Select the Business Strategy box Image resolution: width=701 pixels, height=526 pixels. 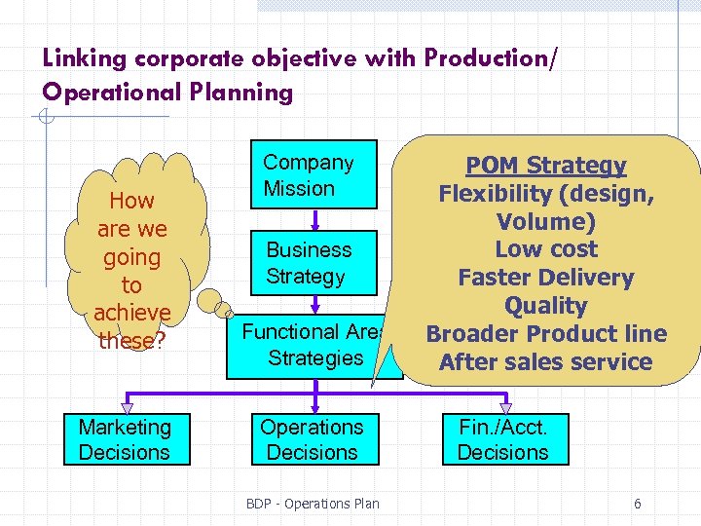(x=308, y=263)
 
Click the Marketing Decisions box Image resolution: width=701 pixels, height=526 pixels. (x=124, y=440)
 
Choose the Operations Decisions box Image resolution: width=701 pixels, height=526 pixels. (x=312, y=440)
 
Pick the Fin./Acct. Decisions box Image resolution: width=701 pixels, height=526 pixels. (x=502, y=440)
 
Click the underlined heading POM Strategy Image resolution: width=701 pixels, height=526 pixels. (x=545, y=166)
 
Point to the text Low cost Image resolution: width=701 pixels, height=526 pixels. (x=545, y=249)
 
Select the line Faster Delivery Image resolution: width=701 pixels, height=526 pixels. (x=545, y=278)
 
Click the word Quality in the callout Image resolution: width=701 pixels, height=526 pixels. (x=545, y=306)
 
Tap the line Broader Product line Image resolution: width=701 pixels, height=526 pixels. (x=545, y=334)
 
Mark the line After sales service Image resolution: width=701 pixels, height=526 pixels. (x=545, y=362)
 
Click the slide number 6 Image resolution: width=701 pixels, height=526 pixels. (x=637, y=504)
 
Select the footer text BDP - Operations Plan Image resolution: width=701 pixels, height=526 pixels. (x=313, y=504)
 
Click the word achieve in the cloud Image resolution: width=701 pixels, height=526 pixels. (x=131, y=314)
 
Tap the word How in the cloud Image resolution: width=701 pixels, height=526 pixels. (x=131, y=202)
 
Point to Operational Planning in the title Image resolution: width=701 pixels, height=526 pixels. (x=167, y=93)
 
